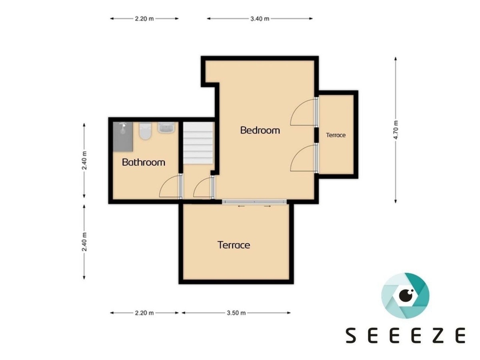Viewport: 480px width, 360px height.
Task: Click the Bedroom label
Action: [x=260, y=130]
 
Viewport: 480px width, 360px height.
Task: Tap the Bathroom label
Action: [x=144, y=162]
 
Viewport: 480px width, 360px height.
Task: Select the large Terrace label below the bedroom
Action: [x=234, y=245]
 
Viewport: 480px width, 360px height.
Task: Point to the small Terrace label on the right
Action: [x=336, y=135]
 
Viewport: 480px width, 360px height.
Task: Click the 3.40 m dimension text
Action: [x=260, y=19]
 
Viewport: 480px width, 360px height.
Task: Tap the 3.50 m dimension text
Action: [x=236, y=313]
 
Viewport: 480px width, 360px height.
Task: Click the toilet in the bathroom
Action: [x=145, y=131]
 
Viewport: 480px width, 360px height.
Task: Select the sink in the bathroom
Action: [x=166, y=127]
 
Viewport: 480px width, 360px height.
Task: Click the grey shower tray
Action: [x=123, y=136]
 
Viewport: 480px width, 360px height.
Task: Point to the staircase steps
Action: [x=198, y=142]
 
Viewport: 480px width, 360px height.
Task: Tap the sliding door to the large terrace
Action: [x=254, y=202]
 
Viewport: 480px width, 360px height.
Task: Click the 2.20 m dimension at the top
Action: [x=144, y=19]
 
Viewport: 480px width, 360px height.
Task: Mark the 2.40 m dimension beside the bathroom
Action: [x=84, y=160]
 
